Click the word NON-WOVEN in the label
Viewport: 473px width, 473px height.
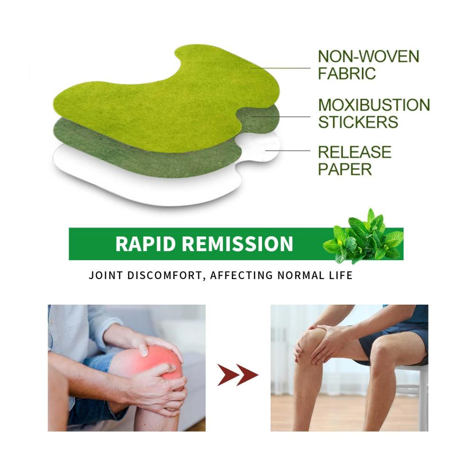pos(368,56)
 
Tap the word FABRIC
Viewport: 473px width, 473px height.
pos(347,73)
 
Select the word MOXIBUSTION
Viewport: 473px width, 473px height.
pos(374,105)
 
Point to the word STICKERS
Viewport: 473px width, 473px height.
pos(358,122)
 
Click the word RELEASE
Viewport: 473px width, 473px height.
pos(355,152)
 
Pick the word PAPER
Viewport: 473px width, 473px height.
pos(345,169)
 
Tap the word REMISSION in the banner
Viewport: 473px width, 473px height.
pos(237,244)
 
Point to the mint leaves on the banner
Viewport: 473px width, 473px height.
pos(363,237)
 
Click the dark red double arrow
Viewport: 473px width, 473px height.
pos(238,375)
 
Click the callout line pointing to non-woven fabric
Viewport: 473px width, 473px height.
pos(280,68)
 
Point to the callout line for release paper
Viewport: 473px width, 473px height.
pos(288,150)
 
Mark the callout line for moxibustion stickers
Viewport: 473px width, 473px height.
pos(280,116)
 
